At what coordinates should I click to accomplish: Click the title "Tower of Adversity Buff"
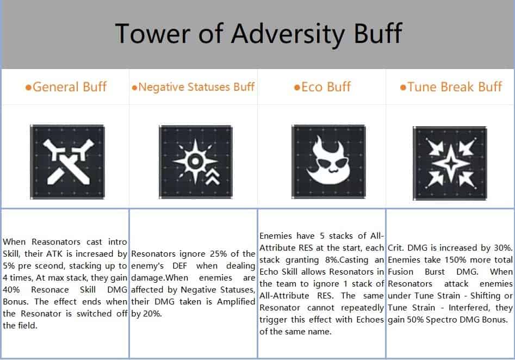pos(258,34)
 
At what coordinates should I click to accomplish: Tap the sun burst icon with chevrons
pos(194,162)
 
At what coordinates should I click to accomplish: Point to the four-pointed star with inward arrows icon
pos(450,163)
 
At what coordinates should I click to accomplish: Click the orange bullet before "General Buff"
pos(29,88)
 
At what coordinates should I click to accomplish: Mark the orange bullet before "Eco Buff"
pos(297,88)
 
